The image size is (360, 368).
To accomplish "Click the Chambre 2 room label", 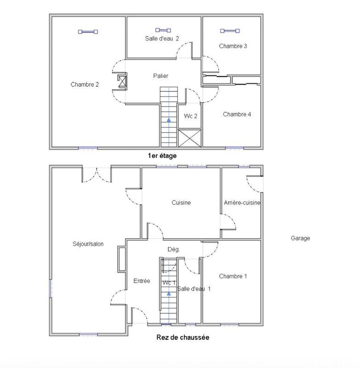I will click(85, 85).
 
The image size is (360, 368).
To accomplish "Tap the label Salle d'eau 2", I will click(162, 39).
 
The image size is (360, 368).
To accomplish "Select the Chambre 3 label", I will click(233, 46).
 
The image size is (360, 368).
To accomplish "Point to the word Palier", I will click(160, 76).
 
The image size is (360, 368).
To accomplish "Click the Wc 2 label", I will click(191, 116).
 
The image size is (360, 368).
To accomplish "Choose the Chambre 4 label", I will click(237, 115).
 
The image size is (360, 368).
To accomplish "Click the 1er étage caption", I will click(162, 156).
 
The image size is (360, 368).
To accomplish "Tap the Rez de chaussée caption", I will click(183, 338).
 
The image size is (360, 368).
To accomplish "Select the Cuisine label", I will click(181, 203).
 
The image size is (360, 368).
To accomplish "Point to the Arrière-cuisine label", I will click(242, 203).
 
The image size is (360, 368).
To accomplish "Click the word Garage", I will click(300, 238).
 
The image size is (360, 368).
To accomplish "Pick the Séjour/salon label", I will click(88, 244).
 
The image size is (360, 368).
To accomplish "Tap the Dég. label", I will click(173, 249).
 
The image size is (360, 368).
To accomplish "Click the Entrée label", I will click(142, 281).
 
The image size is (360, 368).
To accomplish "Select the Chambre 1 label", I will click(233, 276).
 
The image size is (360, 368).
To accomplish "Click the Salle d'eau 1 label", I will click(194, 289).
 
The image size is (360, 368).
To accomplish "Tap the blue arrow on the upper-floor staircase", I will click(169, 120).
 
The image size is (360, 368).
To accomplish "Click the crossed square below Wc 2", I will click(189, 138).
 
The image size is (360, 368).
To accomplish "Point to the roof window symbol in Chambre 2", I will click(88, 32).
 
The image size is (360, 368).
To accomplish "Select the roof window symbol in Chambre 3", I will click(229, 31).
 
